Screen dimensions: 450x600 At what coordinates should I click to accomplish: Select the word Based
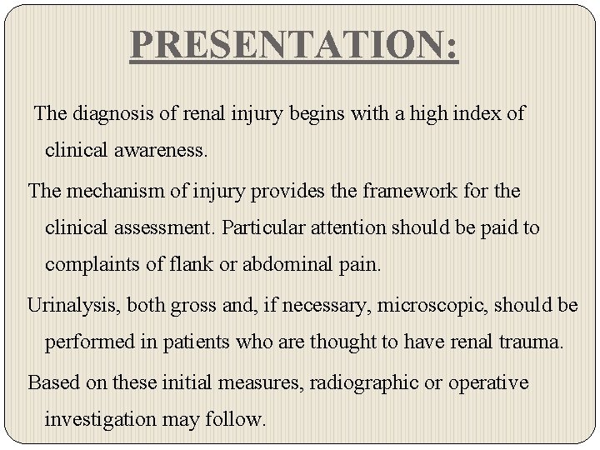point(52,382)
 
